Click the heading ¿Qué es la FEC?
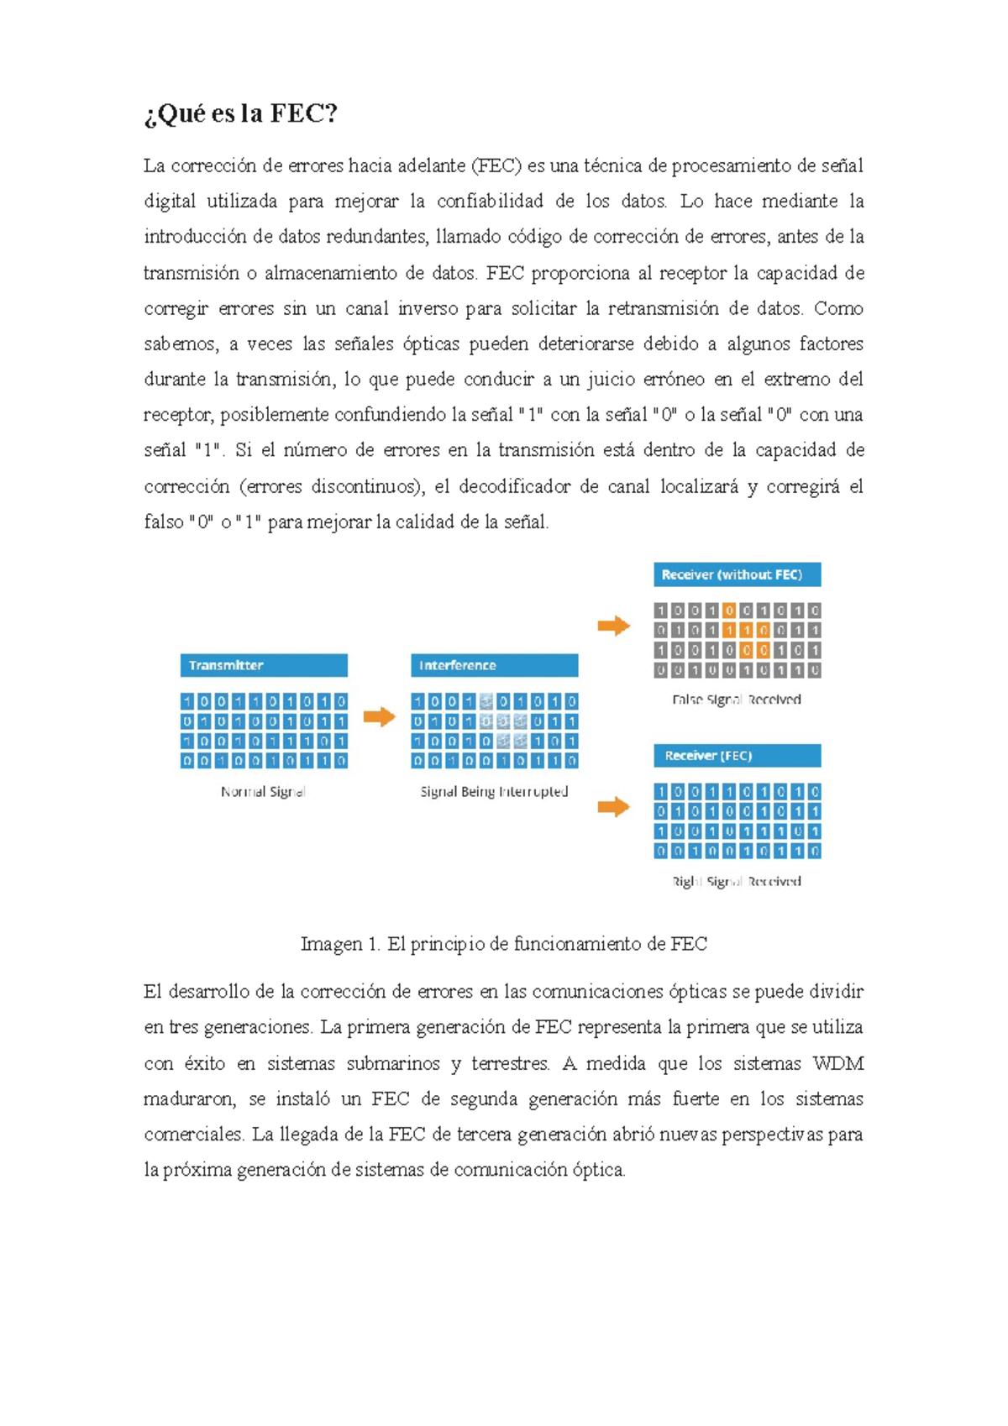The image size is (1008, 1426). [240, 113]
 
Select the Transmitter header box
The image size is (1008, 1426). [264, 665]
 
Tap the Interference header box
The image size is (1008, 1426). [494, 665]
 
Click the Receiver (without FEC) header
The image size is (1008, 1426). [737, 574]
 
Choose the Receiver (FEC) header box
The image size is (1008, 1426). [737, 756]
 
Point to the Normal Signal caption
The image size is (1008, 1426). [263, 792]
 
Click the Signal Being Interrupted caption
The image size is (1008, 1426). [494, 792]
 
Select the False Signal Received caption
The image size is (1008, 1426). [737, 700]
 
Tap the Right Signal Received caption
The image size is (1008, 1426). [737, 881]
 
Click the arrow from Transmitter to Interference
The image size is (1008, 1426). [379, 717]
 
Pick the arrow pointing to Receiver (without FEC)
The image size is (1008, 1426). [614, 626]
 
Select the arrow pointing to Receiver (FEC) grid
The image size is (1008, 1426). [614, 807]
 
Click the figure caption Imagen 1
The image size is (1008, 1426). [504, 944]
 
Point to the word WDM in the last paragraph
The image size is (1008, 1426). [838, 1064]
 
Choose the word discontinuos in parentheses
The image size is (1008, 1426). [365, 487]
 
